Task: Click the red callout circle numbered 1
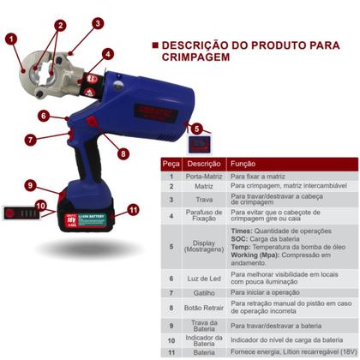point(11,38)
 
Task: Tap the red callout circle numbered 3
point(99,23)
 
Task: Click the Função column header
point(244,163)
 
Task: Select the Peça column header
point(171,163)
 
